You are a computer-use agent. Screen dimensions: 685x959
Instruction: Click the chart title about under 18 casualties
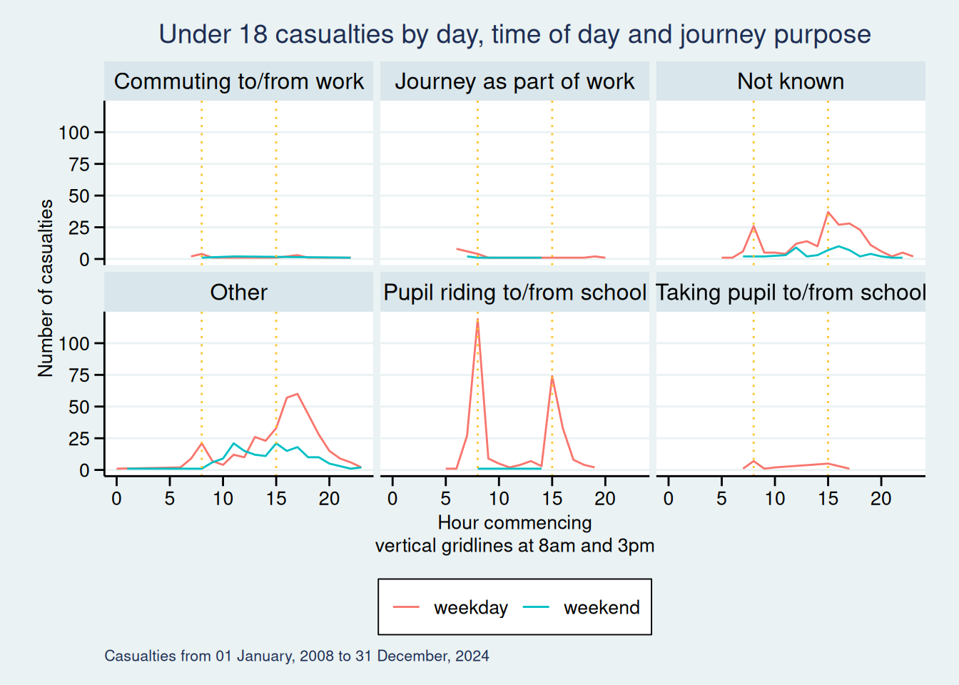pos(514,34)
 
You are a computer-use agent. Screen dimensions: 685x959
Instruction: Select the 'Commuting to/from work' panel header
pos(239,81)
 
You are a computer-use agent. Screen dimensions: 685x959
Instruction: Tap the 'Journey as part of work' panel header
pos(514,81)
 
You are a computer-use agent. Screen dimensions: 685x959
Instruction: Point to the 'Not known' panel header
pos(791,81)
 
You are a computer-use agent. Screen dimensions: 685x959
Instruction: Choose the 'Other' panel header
pos(239,293)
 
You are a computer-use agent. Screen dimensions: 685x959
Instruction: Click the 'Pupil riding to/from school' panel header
pos(514,293)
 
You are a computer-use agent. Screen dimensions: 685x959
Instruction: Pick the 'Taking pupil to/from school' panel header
pos(791,293)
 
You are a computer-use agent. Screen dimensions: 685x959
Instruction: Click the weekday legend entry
pos(451,607)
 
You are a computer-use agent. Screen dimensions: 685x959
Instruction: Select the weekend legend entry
pos(582,607)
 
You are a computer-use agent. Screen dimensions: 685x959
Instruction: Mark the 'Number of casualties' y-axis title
pos(46,288)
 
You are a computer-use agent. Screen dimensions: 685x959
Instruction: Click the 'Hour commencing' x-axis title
pos(514,523)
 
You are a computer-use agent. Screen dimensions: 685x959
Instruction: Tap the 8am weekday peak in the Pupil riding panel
pos(477,320)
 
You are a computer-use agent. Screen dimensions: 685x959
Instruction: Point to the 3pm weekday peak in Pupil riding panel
pos(552,376)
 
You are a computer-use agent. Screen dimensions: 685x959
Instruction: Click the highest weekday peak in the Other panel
pos(297,393)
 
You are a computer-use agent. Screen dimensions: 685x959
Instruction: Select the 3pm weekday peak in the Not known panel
pos(828,212)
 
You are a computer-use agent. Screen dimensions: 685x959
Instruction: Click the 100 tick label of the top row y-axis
pos(74,133)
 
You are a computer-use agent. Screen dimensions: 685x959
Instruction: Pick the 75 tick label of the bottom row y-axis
pos(78,375)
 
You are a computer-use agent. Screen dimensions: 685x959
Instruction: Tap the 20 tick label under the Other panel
pos(329,499)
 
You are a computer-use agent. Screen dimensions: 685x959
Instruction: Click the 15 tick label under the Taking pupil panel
pos(828,499)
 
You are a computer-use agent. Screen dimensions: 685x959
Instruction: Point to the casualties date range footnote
pos(297,656)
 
